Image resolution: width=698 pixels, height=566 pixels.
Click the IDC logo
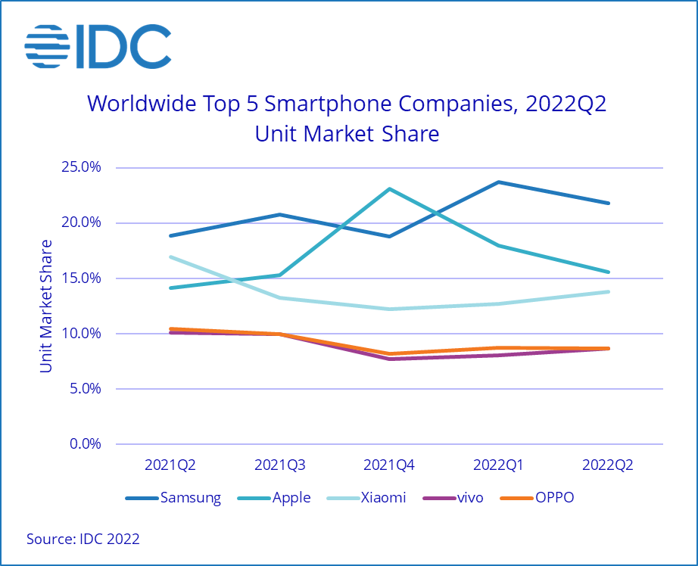pos(98,47)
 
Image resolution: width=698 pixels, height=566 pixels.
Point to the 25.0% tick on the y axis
pos(79,167)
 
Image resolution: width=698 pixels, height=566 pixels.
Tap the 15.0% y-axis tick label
pos(79,278)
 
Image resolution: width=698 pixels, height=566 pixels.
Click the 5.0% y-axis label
pos(83,389)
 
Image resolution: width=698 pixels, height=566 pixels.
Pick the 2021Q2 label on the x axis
pos(170,465)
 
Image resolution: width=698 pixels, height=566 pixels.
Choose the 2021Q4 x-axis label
pos(389,465)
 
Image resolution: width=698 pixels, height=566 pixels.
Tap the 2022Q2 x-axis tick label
pos(608,465)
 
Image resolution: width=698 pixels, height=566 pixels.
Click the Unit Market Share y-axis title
pos(46,306)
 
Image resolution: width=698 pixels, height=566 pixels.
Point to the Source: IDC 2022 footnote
pos(83,540)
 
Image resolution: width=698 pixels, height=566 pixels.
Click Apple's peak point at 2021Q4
pos(389,188)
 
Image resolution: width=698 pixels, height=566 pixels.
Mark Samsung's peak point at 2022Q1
pos(499,182)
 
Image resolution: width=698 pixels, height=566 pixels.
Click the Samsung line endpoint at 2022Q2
pos(609,203)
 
